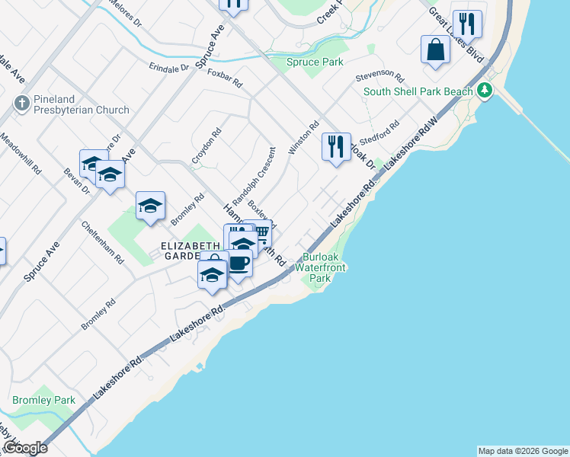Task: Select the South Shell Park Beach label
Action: point(418,91)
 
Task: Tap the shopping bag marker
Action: point(434,50)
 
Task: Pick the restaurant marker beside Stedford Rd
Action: point(336,146)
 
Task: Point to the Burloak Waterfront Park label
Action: point(325,268)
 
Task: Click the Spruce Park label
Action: point(315,62)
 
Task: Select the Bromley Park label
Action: point(43,400)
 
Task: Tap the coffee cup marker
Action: point(239,264)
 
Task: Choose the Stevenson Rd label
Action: point(379,75)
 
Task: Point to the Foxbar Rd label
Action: point(224,77)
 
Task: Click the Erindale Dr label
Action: point(169,67)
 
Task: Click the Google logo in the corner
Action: point(25,448)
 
